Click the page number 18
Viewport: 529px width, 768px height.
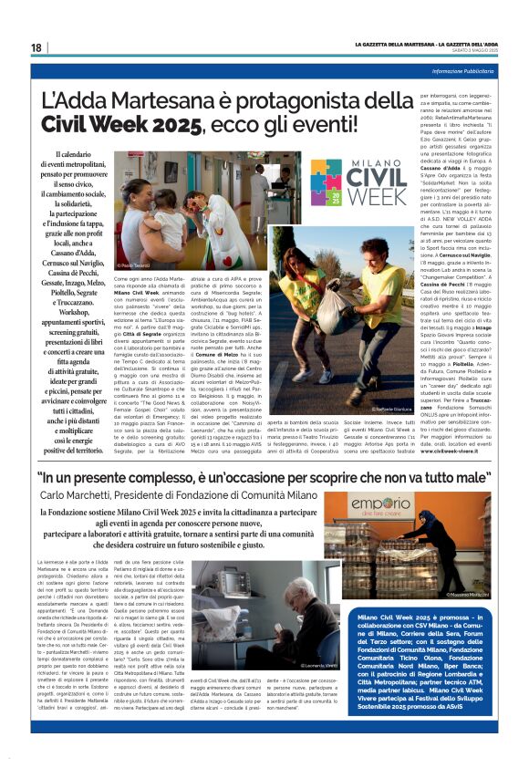(36, 47)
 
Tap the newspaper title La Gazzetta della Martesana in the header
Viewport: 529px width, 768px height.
(394, 44)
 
